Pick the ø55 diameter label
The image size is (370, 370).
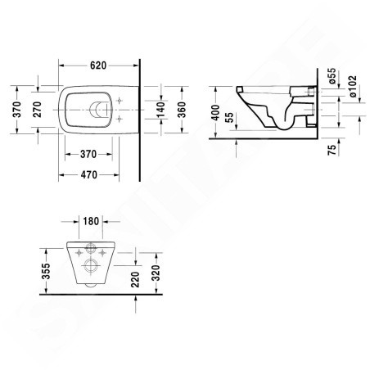[332, 77]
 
